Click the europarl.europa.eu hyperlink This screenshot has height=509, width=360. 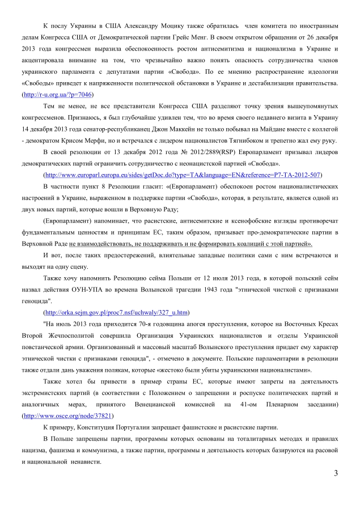click(x=183, y=175)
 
